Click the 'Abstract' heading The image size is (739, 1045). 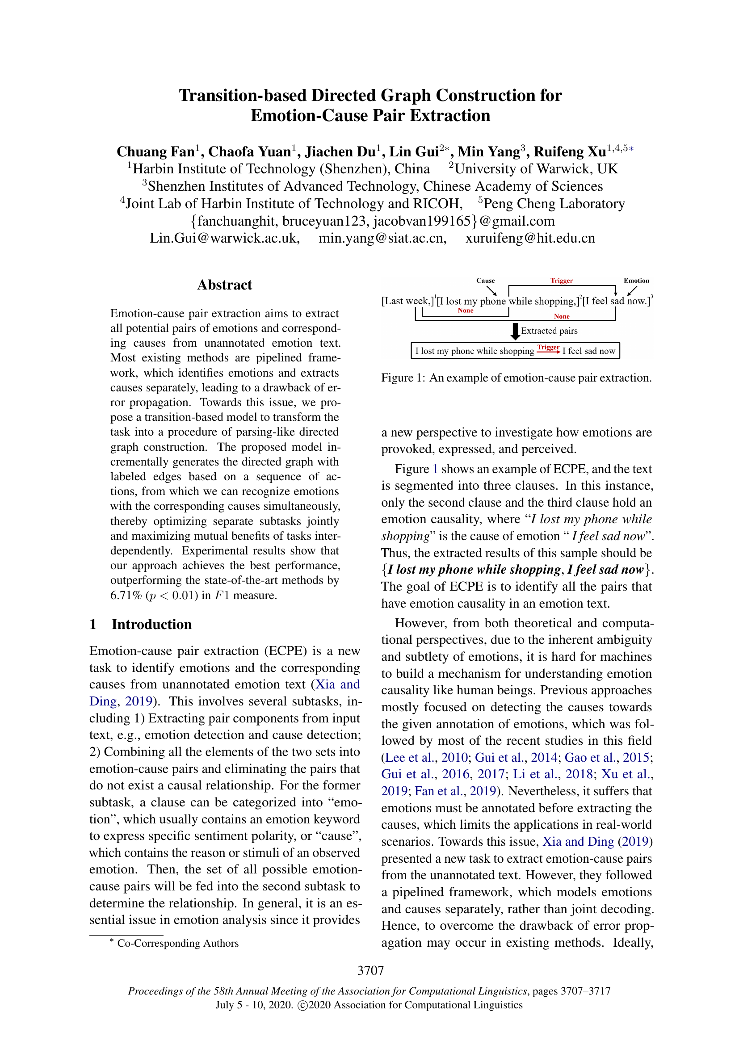click(224, 285)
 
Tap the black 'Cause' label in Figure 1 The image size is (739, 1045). click(485, 281)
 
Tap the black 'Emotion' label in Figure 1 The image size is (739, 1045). click(636, 281)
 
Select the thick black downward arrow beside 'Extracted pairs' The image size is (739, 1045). click(515, 332)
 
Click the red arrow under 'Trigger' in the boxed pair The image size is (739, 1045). click(548, 352)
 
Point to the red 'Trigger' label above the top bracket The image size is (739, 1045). click(561, 281)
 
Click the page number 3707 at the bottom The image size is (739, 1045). click(370, 970)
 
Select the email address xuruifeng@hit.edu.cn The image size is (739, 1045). click(530, 238)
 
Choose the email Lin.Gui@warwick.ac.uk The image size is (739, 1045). click(225, 238)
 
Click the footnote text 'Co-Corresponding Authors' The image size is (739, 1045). click(177, 943)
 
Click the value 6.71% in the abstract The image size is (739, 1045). click(126, 595)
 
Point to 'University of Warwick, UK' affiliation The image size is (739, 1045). click(536, 169)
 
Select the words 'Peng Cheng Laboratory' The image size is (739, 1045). click(554, 203)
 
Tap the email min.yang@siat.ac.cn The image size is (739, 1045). click(382, 238)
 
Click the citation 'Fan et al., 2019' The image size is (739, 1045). click(454, 791)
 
